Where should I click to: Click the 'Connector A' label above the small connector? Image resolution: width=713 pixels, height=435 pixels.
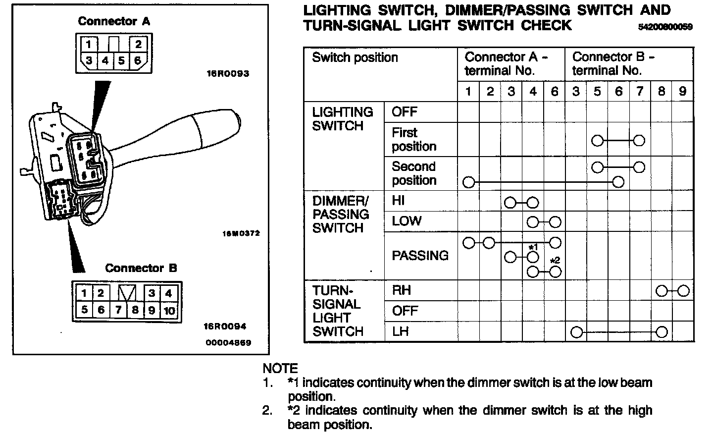point(114,21)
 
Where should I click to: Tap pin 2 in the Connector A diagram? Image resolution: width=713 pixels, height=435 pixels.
point(138,45)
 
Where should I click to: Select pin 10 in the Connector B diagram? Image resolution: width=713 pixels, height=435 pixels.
point(169,310)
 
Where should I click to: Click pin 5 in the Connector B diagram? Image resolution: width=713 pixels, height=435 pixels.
point(85,310)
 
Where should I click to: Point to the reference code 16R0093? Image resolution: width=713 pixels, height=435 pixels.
point(228,74)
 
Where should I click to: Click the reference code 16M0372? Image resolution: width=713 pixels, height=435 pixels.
point(241,233)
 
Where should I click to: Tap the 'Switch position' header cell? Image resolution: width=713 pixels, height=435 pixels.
point(355,58)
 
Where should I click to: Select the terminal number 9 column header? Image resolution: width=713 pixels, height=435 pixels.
point(682,91)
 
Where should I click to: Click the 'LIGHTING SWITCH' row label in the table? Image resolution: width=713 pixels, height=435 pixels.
point(342,119)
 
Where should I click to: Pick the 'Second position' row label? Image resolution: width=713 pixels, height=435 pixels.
point(414,173)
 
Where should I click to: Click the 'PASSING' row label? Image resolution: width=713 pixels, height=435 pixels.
point(420,256)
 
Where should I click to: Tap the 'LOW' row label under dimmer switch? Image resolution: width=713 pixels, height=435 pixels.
point(407,221)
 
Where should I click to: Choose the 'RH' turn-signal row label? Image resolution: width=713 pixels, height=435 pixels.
point(401,290)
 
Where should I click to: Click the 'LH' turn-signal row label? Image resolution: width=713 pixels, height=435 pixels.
point(401,331)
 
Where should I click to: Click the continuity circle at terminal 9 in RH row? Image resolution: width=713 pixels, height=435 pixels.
point(683,291)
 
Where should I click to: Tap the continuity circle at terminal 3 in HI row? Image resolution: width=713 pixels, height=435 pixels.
point(510,202)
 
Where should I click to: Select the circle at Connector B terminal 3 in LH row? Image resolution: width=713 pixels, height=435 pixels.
point(576,332)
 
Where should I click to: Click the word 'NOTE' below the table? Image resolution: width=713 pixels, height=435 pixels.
point(280,369)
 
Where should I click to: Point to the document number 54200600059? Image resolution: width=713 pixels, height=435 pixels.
point(665,27)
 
